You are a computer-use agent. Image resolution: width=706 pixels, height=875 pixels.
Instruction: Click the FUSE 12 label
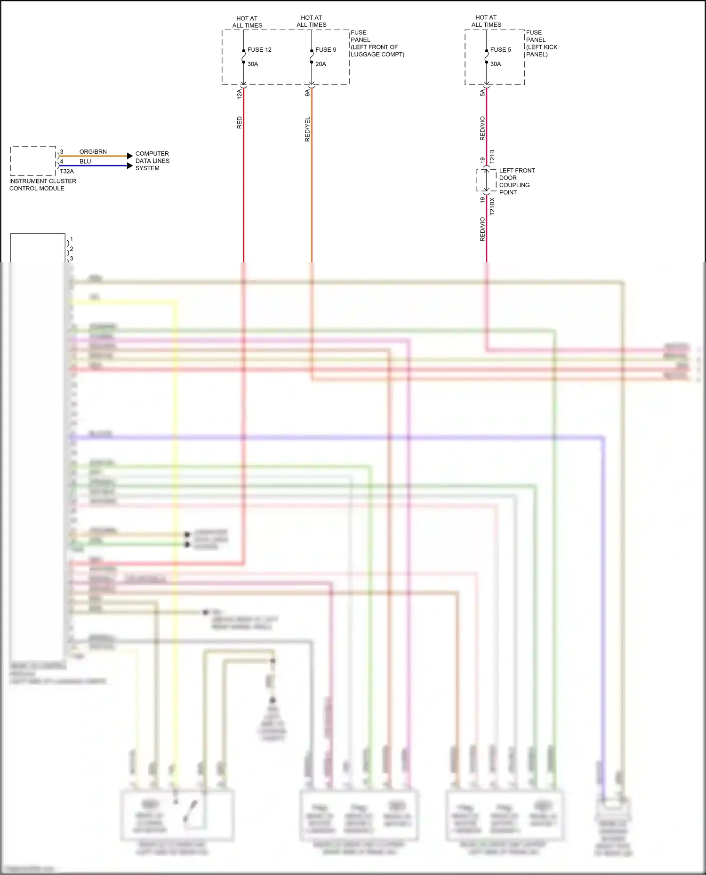point(259,50)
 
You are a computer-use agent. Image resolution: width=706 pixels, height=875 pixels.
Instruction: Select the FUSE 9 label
point(326,50)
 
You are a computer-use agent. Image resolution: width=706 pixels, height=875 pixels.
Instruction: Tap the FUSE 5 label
point(500,50)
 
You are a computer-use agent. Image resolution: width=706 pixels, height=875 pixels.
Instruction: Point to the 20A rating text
point(321,64)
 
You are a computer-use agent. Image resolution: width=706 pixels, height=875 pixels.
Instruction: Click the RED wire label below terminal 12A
point(240,123)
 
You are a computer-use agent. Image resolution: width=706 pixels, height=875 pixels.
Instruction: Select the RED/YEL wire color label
point(307,129)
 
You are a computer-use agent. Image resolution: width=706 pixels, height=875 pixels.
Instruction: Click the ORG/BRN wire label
point(93,152)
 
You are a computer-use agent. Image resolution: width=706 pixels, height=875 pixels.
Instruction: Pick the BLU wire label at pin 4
point(85,161)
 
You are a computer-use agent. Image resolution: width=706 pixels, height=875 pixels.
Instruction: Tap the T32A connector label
point(67,171)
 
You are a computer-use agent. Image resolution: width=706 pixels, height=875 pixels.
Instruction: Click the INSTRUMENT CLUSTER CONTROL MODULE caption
point(42,185)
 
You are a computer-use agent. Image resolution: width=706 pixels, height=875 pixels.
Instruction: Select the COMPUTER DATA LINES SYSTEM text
point(152,161)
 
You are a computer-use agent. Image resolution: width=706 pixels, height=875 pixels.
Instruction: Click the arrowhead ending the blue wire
point(130,166)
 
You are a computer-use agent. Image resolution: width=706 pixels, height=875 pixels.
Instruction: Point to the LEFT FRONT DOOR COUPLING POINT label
point(516,181)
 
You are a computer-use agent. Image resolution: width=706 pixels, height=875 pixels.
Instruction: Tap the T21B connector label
point(492,157)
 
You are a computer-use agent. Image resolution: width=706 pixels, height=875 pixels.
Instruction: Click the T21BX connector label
point(492,206)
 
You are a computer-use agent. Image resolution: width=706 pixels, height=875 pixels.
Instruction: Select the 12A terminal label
point(239,94)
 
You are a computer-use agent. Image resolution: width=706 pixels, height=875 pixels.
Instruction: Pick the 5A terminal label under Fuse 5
point(482,93)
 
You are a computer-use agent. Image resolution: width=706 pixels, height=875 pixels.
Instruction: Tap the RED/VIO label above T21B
point(482,128)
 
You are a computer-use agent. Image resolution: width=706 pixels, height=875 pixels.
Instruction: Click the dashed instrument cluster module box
point(33,161)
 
